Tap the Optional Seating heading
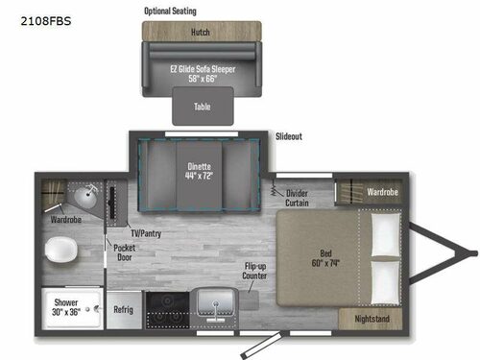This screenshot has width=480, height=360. [170, 11]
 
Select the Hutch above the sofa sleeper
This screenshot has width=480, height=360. [201, 31]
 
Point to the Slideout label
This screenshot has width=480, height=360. [289, 136]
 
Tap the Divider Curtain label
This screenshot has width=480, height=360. [299, 199]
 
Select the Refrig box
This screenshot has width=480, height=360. [123, 309]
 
